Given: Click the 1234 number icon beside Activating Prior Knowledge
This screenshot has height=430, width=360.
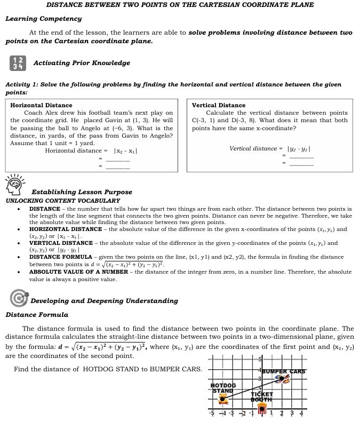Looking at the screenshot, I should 18,63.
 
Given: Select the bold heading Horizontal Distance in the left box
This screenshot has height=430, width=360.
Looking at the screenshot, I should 41,105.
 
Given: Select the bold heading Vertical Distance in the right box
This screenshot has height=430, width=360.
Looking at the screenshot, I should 219,105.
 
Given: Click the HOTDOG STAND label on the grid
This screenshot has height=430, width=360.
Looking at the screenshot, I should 223,388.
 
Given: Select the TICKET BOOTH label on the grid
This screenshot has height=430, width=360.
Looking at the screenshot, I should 262,397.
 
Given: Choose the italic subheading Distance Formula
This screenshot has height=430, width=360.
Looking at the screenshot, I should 37,315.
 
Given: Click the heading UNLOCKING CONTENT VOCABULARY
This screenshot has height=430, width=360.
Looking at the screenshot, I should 62,201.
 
